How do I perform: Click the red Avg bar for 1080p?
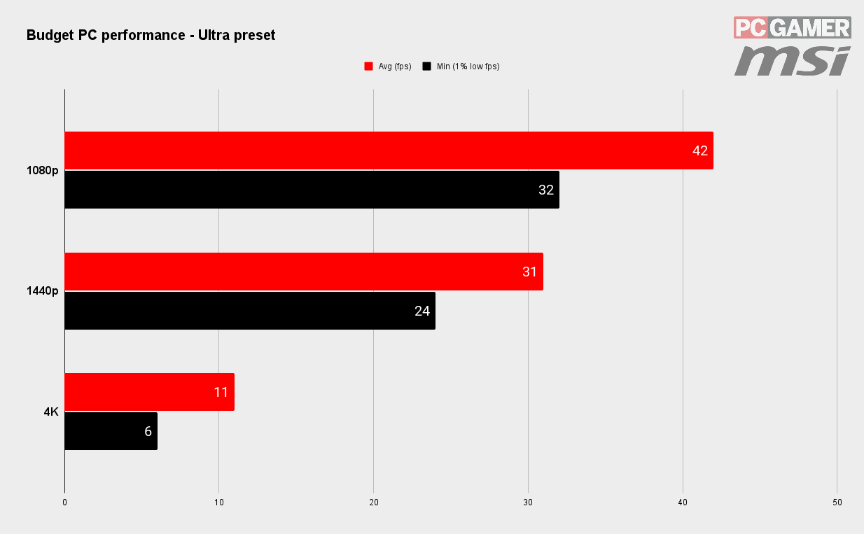(x=389, y=150)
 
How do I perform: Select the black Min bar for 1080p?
(x=312, y=190)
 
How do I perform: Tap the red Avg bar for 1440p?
(x=304, y=272)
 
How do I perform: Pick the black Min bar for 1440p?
(x=250, y=311)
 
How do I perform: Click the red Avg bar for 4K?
(x=150, y=392)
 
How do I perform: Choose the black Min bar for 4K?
(x=111, y=431)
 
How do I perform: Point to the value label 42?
(x=700, y=150)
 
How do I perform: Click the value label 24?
(x=422, y=311)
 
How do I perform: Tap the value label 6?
(x=148, y=431)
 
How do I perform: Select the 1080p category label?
(x=43, y=170)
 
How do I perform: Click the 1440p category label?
(x=43, y=290)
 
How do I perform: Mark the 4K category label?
(x=51, y=412)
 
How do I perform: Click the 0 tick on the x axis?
(x=64, y=503)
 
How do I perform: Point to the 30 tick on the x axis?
(x=528, y=503)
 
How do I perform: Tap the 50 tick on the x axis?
(x=837, y=503)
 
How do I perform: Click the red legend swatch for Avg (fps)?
(x=368, y=66)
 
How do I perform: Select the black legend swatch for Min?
(x=426, y=66)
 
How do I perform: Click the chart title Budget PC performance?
(x=106, y=35)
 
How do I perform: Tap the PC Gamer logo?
(x=793, y=27)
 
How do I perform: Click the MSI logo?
(x=793, y=61)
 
